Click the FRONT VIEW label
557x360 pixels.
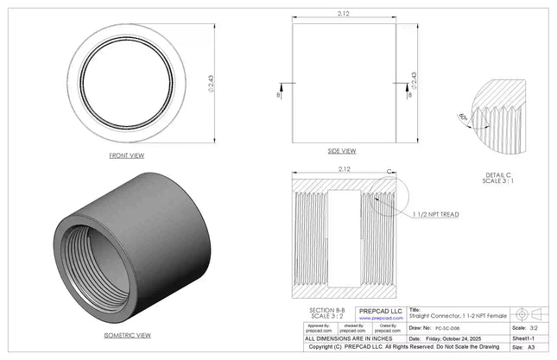[x=126, y=155]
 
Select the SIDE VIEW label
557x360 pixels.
[x=343, y=150]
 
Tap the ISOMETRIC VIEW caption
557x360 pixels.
[x=127, y=334]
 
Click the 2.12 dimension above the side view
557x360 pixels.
[x=343, y=13]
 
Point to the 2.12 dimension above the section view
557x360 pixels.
[x=343, y=168]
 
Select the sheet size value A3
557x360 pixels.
[x=531, y=348]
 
